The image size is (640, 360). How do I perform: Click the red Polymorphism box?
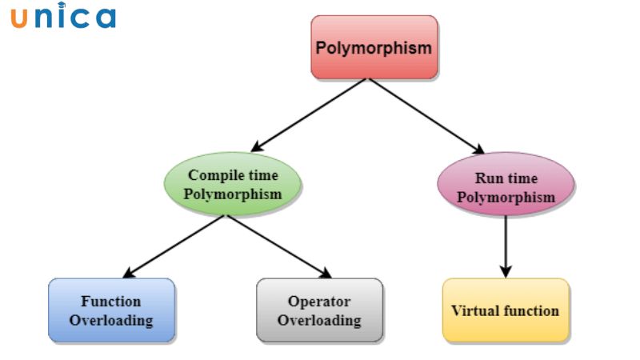point(374,47)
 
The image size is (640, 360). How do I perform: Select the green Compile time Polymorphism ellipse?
point(234,185)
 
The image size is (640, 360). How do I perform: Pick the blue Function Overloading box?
point(111,311)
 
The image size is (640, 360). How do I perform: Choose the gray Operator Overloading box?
point(319,311)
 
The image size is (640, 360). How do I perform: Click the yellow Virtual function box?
point(505,310)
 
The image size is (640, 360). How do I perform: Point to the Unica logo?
point(63,16)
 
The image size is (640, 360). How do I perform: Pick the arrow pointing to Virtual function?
point(505,247)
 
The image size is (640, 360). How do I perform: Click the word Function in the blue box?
point(110,302)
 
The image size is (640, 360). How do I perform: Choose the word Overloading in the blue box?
point(110,321)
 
